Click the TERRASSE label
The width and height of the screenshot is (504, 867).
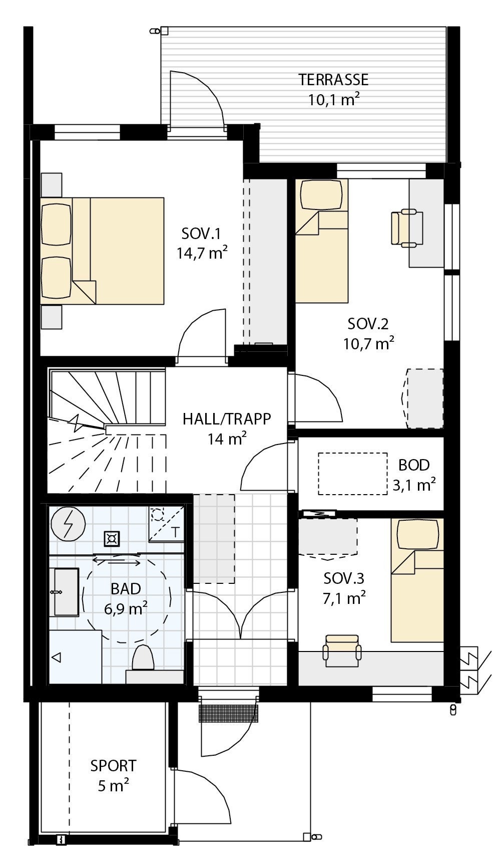(333, 80)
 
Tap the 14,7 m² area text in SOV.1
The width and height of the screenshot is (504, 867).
(202, 253)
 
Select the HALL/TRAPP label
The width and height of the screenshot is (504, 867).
(227, 418)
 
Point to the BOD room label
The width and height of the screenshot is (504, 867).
(414, 465)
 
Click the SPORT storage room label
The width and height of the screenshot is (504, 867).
(113, 766)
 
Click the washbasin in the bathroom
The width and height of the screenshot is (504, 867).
(66, 592)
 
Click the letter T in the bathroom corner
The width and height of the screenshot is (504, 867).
(175, 532)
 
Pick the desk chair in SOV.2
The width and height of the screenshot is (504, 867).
(406, 228)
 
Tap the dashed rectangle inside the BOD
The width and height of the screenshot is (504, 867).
(353, 474)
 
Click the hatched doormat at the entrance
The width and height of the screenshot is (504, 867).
(229, 713)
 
